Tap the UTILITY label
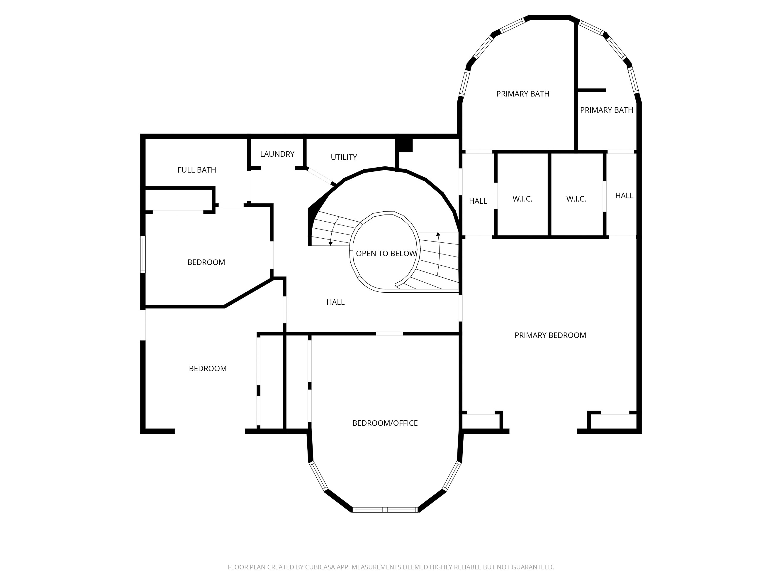(x=344, y=157)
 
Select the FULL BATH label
(x=196, y=170)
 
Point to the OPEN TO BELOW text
(x=386, y=253)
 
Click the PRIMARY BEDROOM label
(x=550, y=335)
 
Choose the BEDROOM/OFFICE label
(x=385, y=423)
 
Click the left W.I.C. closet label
(x=522, y=199)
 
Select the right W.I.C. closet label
(x=576, y=199)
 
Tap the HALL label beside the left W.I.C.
(x=478, y=201)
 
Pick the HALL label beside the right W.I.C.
(x=624, y=195)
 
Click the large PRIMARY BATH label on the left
(x=523, y=94)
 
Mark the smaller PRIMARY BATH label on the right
(x=606, y=110)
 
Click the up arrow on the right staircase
(x=438, y=234)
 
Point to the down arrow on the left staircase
(x=330, y=243)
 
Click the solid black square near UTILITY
(x=404, y=145)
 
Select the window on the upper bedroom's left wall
(x=143, y=254)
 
